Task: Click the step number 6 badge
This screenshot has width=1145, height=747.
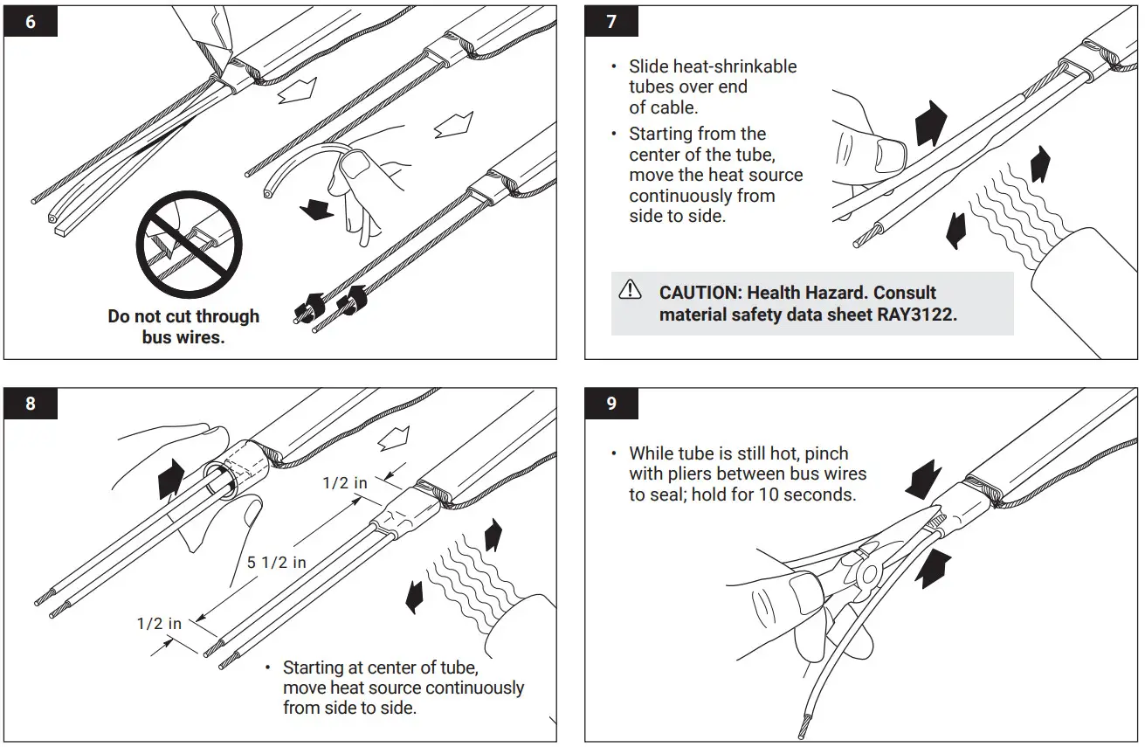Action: coord(31,21)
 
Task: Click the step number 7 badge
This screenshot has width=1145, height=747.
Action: coord(611,21)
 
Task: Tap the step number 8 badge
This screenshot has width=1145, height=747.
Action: coord(31,404)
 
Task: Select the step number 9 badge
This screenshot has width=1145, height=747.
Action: coord(611,404)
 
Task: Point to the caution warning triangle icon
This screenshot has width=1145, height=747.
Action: coord(630,290)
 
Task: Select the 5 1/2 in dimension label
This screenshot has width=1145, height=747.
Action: coord(276,563)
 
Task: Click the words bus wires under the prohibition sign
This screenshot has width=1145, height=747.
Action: coord(183,336)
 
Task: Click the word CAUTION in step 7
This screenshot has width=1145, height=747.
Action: coord(698,293)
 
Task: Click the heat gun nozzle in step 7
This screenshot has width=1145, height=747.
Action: coord(1083,288)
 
